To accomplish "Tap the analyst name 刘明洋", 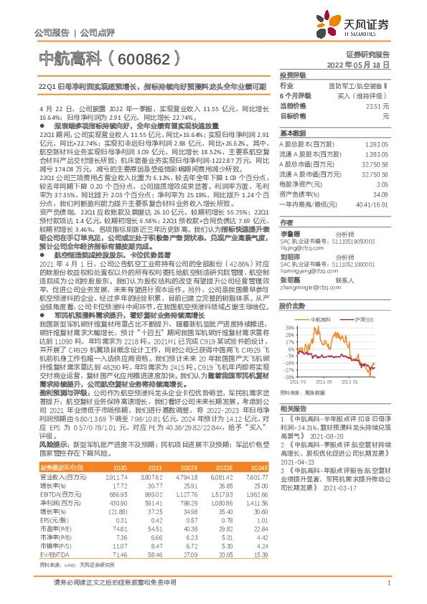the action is (x=290, y=255).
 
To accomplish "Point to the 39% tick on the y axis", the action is (x=288, y=326).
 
